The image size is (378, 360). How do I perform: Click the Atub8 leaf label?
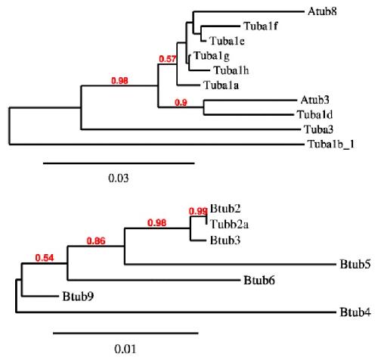click(x=322, y=11)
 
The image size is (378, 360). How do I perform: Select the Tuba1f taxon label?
click(x=261, y=26)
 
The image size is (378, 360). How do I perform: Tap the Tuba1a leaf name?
click(x=221, y=85)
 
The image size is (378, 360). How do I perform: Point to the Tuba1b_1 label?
click(x=331, y=144)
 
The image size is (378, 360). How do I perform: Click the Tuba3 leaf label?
click(x=318, y=129)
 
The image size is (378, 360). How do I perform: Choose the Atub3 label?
click(x=315, y=100)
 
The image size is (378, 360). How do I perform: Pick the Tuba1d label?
click(x=314, y=115)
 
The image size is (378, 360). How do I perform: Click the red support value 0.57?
click(x=168, y=59)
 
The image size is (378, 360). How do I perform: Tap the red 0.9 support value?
click(x=181, y=103)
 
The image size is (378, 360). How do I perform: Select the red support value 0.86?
click(x=96, y=241)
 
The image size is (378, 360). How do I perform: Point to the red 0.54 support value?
click(x=45, y=258)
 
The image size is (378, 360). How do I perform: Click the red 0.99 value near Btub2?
click(x=198, y=211)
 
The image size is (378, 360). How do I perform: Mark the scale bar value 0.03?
click(x=119, y=178)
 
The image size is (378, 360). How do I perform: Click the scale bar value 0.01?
click(x=125, y=349)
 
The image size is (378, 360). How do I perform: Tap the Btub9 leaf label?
click(x=78, y=296)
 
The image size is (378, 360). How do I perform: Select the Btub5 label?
click(x=355, y=264)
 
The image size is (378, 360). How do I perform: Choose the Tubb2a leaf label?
click(x=229, y=225)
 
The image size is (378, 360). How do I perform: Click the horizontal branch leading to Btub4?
click(x=176, y=312)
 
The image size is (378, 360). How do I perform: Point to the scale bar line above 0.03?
click(x=119, y=163)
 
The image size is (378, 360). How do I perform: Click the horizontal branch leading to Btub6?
click(x=153, y=280)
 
